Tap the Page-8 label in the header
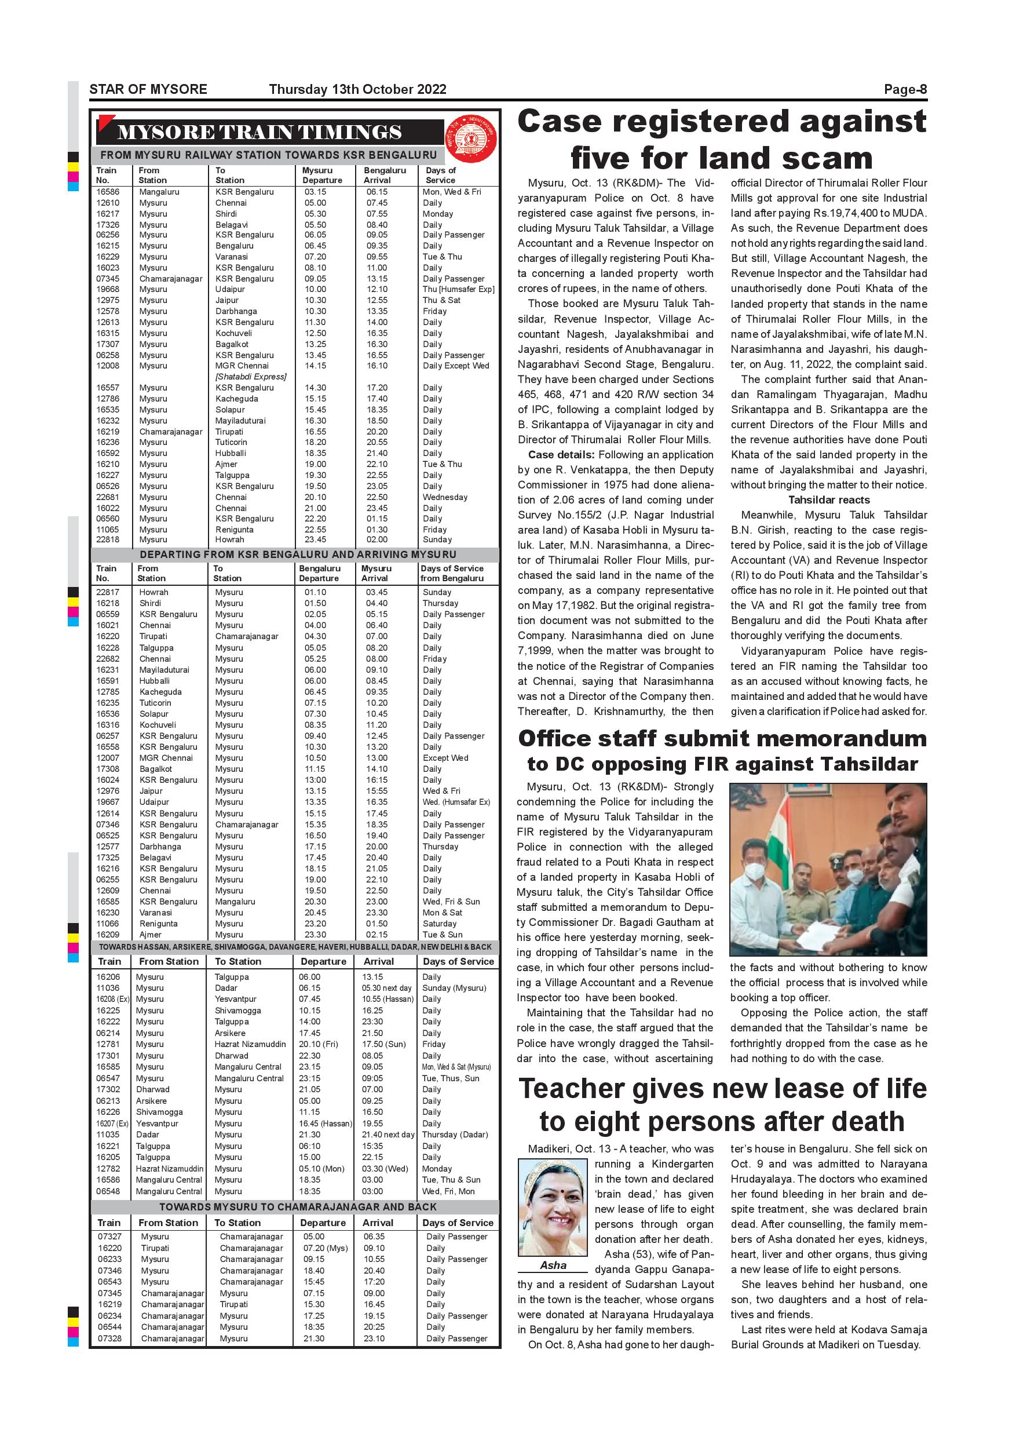905,89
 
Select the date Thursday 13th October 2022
357,89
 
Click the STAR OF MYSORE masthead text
148,89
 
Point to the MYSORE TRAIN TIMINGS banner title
259,133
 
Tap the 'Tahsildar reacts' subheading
828,500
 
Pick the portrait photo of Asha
553,1208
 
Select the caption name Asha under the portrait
553,1265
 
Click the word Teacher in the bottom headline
572,1088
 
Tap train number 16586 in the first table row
108,192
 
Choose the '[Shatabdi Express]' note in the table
251,377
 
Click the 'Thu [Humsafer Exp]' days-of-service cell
459,289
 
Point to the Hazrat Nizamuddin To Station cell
250,1044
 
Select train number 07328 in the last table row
109,1338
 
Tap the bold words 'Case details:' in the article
561,455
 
